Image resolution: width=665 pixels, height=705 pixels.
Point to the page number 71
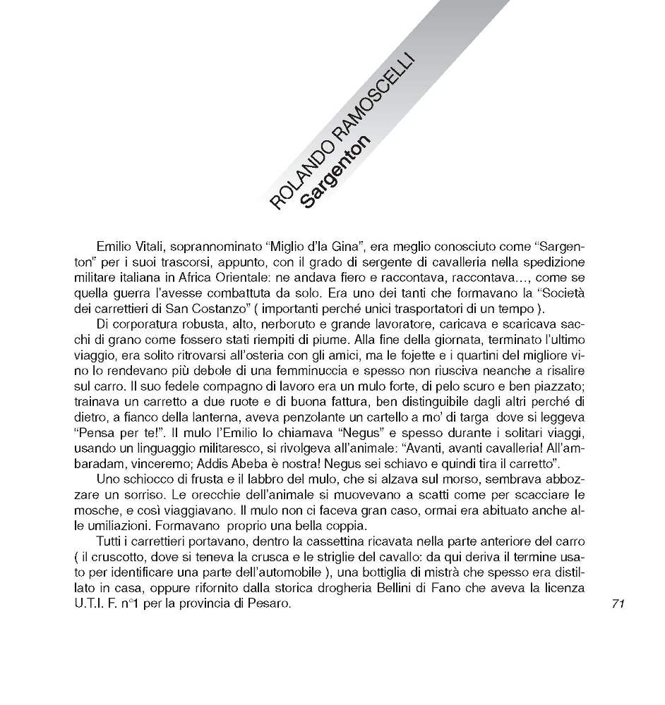pos(619,603)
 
